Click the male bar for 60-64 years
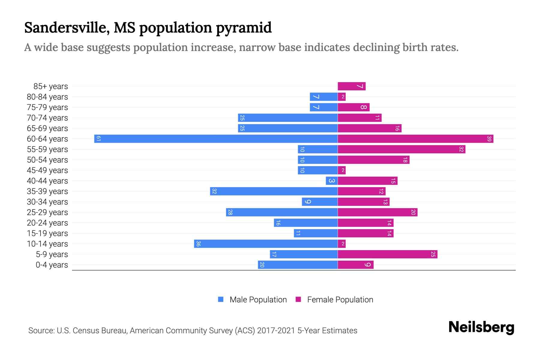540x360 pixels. click(x=216, y=139)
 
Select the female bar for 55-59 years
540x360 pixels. click(x=401, y=149)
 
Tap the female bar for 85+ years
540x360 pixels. click(x=352, y=86)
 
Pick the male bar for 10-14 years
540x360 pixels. click(x=266, y=244)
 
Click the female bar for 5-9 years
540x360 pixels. click(x=388, y=254)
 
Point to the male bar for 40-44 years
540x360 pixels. click(x=332, y=181)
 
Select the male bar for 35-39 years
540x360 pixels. click(x=274, y=191)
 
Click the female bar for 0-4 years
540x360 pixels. click(x=355, y=265)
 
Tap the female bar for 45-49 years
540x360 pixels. click(x=342, y=170)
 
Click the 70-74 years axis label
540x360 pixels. click(x=47, y=118)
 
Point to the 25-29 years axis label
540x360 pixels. click(x=47, y=212)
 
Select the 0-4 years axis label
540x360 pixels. click(x=52, y=265)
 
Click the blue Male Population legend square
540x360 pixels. click(x=221, y=299)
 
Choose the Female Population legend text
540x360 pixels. click(x=340, y=300)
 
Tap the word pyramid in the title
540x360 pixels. click(x=244, y=28)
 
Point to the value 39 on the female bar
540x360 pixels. click(x=489, y=139)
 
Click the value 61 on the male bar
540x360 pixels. click(x=98, y=139)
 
